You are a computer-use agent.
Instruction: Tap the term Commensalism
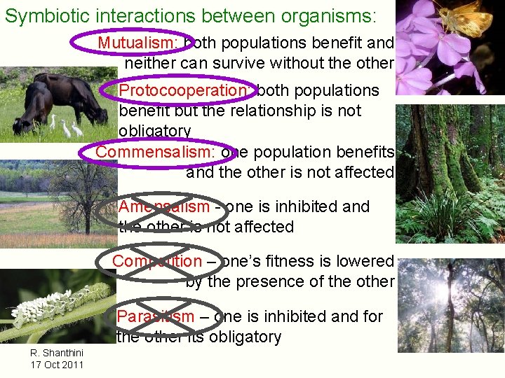[155, 152]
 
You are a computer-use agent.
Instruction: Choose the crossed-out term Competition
[156, 261]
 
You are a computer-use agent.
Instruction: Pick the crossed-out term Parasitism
[156, 316]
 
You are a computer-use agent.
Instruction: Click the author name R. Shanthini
[57, 352]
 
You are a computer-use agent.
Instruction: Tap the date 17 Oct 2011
[57, 364]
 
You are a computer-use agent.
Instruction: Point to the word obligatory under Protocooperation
[154, 131]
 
